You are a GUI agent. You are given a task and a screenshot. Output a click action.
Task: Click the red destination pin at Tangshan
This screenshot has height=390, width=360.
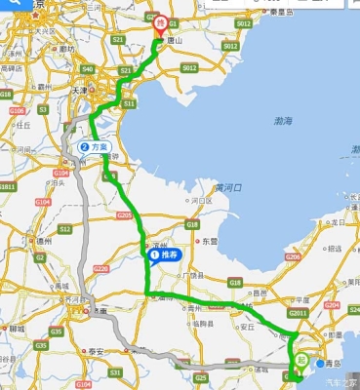(161, 22)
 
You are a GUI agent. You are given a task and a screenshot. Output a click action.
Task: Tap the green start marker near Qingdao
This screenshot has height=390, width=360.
(301, 362)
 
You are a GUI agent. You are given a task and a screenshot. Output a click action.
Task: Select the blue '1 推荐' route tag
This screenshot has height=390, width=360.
(164, 254)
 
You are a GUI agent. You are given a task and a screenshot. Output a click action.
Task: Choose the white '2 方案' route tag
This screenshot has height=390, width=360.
(95, 147)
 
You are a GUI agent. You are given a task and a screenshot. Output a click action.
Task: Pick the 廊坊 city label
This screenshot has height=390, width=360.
(66, 48)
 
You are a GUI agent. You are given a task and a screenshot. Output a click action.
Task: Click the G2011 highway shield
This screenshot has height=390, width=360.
(299, 313)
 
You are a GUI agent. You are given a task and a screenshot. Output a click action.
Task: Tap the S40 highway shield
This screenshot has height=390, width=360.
(88, 69)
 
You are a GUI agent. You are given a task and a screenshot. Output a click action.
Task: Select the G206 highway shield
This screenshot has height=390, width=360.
(292, 257)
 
